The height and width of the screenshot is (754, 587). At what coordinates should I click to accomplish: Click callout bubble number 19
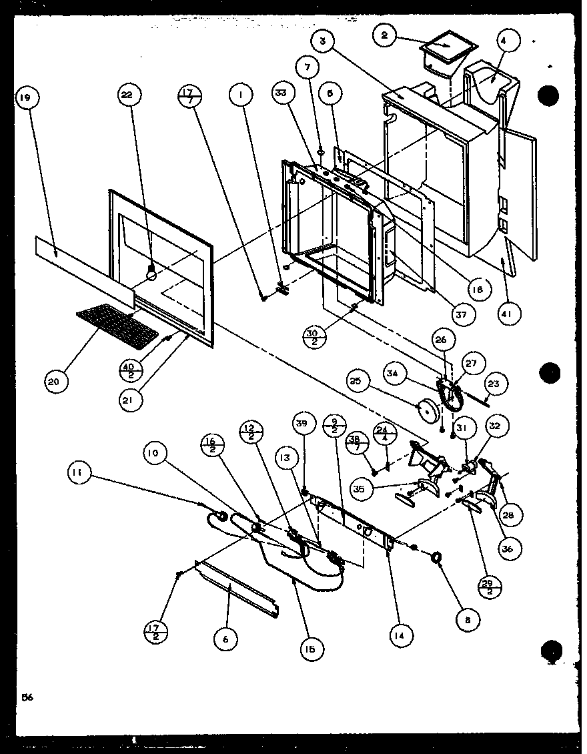25,99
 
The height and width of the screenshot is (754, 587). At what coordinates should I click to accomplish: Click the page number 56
27,698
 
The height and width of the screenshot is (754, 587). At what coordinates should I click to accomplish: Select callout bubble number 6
224,639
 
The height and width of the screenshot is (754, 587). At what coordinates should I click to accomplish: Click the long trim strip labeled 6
237,588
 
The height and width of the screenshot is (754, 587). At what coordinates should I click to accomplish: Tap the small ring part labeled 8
437,558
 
